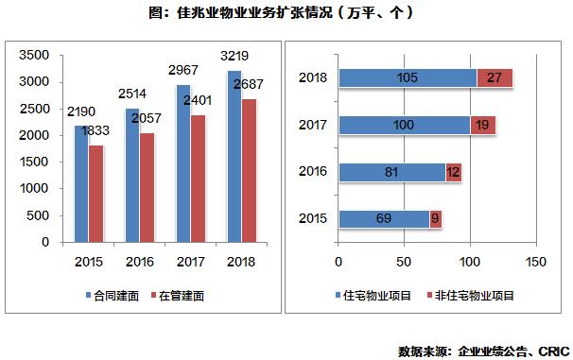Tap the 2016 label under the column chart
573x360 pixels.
coord(138,259)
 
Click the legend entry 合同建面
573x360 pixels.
coord(116,296)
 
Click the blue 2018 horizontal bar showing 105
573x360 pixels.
coord(407,77)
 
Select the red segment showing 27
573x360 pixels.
coord(494,77)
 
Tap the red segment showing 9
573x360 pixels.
coord(435,218)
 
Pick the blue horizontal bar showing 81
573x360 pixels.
coord(391,171)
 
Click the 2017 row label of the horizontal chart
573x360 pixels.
coord(313,125)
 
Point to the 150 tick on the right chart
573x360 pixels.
coord(535,259)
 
